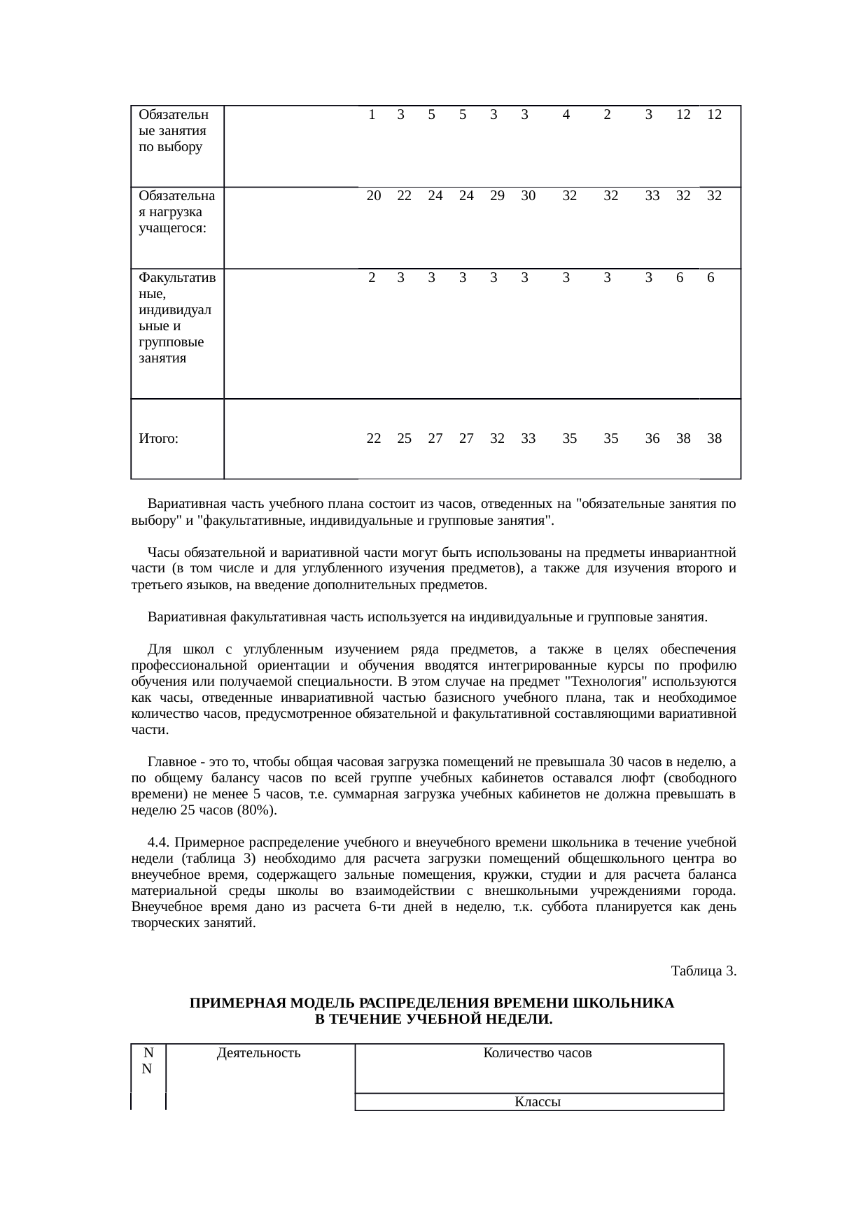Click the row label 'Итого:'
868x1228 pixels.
tap(158, 439)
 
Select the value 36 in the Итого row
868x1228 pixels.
tap(652, 439)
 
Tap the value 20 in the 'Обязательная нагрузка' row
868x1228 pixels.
tap(374, 196)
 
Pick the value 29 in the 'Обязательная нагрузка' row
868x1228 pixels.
tap(497, 196)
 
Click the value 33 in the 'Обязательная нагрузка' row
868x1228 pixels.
tap(652, 196)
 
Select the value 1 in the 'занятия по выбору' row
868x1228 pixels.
tap(372, 114)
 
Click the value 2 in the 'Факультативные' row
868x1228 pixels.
tap(372, 278)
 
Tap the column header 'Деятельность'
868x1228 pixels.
tap(259, 1052)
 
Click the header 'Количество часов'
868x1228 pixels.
tap(538, 1052)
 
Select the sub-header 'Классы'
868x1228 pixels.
tap(538, 1102)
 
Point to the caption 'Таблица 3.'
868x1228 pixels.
tap(703, 971)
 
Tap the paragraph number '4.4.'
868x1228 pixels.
tap(160, 842)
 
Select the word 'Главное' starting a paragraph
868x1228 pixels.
tap(171, 761)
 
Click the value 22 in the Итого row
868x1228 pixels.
tap(374, 439)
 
